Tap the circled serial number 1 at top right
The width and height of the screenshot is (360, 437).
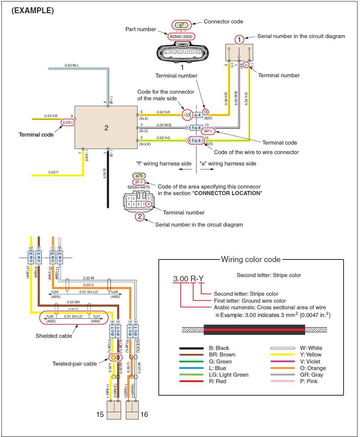tap(239, 39)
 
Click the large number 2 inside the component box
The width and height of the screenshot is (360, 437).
tap(106, 128)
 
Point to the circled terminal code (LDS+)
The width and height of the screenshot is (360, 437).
tap(68, 122)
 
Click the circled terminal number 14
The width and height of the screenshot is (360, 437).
tap(206, 112)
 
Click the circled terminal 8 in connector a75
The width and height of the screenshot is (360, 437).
tap(149, 204)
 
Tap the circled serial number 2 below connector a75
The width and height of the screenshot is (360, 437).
tap(139, 216)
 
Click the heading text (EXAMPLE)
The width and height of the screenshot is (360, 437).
tap(33, 11)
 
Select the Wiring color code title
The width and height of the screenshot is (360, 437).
tap(251, 259)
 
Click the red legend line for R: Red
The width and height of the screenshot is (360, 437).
tap(191, 381)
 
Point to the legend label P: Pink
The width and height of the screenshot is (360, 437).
tap(309, 381)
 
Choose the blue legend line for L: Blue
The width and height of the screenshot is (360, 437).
tap(191, 368)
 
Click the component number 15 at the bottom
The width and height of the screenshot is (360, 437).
tap(100, 415)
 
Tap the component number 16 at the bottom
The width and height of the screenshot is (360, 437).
tap(144, 415)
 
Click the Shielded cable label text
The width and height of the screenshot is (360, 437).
tap(54, 336)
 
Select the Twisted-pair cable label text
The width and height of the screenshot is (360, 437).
tap(75, 363)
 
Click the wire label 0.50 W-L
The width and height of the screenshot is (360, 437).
tap(72, 66)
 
